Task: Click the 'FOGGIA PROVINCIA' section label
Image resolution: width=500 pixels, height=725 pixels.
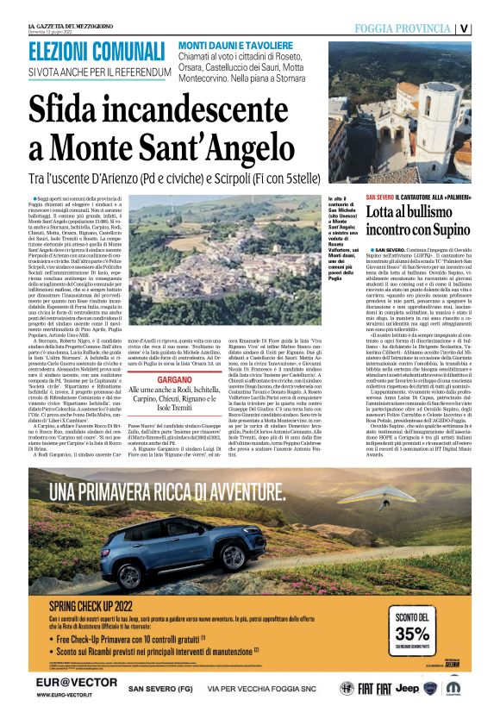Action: click(403, 28)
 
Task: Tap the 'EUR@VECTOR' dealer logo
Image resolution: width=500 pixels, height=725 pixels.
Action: click(66, 686)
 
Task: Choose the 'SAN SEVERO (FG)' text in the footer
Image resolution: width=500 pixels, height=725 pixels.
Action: click(160, 689)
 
